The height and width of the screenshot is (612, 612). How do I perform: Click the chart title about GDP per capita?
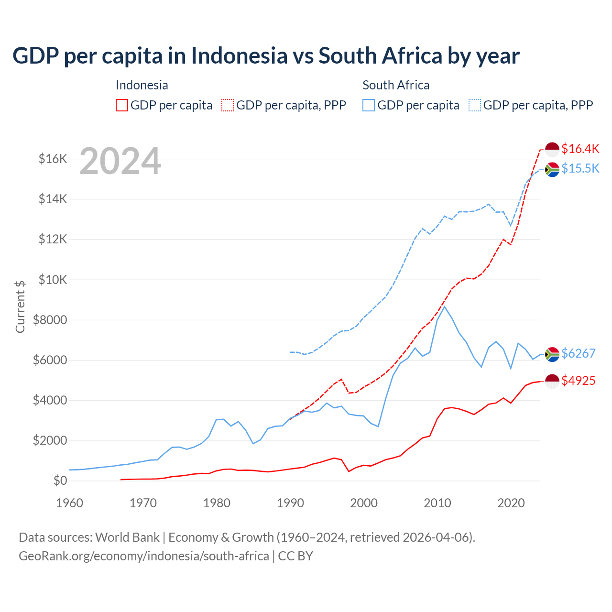(x=266, y=56)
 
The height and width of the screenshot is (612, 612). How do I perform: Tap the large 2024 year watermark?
(x=120, y=161)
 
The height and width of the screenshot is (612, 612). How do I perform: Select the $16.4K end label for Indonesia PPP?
(x=580, y=149)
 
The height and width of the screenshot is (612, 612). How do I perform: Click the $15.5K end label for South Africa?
(x=580, y=168)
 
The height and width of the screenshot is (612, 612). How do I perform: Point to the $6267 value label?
(x=578, y=353)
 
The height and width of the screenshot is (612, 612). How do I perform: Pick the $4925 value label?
(x=578, y=381)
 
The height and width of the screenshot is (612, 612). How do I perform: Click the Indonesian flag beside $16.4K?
(x=552, y=149)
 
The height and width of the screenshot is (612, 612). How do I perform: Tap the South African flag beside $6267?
(x=552, y=354)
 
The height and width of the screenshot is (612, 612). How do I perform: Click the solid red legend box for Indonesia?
(x=122, y=105)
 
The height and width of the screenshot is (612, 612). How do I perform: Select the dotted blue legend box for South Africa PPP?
(x=475, y=105)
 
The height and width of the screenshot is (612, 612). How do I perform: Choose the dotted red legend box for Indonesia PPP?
(x=228, y=105)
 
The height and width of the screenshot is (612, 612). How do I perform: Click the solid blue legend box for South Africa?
(x=369, y=105)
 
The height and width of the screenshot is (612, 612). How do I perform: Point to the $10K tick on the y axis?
(x=53, y=280)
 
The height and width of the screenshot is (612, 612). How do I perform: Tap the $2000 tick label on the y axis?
(x=50, y=440)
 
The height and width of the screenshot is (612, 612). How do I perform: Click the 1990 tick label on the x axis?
(x=290, y=503)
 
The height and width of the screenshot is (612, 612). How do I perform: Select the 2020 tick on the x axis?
(x=511, y=503)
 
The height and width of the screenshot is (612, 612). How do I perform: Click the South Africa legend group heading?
(x=396, y=85)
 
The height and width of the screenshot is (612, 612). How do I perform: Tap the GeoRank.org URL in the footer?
(x=143, y=556)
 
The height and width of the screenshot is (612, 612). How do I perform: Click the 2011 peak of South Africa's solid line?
(x=445, y=307)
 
